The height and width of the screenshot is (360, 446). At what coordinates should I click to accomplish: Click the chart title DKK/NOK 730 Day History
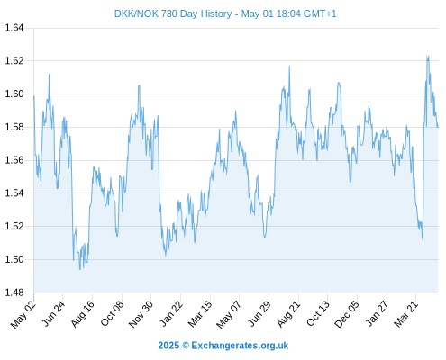(173, 13)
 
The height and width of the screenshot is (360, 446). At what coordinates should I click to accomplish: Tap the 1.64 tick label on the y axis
(14, 28)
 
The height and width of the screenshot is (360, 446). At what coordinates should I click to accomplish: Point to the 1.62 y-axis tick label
(14, 61)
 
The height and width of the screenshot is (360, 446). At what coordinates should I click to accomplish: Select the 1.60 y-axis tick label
(14, 94)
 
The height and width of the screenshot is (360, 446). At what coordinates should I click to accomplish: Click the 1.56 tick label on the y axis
(14, 160)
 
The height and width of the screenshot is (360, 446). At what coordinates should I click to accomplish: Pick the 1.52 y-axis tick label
(14, 226)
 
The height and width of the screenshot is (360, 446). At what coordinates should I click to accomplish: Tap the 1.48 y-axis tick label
(14, 292)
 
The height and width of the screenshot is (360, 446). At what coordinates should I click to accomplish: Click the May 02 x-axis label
(23, 314)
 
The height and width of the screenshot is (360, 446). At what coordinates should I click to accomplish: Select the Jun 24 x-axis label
(53, 313)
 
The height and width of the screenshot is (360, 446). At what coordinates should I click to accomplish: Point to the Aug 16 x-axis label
(82, 314)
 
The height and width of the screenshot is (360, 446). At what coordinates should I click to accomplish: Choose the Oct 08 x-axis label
(112, 313)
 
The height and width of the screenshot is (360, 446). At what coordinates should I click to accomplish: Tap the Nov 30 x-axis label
(141, 314)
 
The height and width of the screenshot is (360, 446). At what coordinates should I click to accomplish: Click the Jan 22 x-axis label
(171, 313)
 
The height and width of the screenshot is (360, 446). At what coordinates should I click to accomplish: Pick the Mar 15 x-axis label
(200, 314)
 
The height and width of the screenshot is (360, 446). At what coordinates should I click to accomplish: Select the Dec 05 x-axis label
(347, 314)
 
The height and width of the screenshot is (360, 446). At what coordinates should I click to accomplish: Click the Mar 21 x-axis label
(406, 314)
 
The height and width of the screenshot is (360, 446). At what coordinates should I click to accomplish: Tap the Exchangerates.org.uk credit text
(240, 346)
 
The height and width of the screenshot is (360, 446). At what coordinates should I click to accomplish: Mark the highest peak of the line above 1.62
(427, 56)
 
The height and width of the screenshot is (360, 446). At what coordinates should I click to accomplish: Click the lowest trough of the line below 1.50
(80, 269)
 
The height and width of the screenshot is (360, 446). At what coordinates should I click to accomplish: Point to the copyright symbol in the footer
(186, 346)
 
